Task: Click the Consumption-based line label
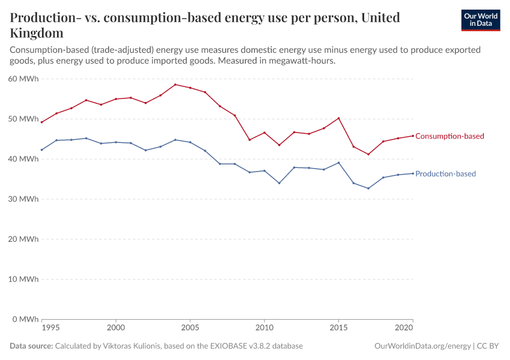tap(449, 136)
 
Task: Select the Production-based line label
tap(445, 174)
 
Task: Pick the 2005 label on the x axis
tap(190, 328)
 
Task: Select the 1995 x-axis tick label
tap(50, 328)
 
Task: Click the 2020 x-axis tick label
tap(404, 328)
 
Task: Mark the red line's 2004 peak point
tap(175, 85)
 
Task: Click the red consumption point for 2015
tap(339, 118)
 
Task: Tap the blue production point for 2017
tap(368, 188)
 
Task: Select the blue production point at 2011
tap(279, 183)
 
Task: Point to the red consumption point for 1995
tap(41, 122)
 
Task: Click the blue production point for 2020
tap(413, 173)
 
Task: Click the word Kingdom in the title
tap(37, 32)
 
